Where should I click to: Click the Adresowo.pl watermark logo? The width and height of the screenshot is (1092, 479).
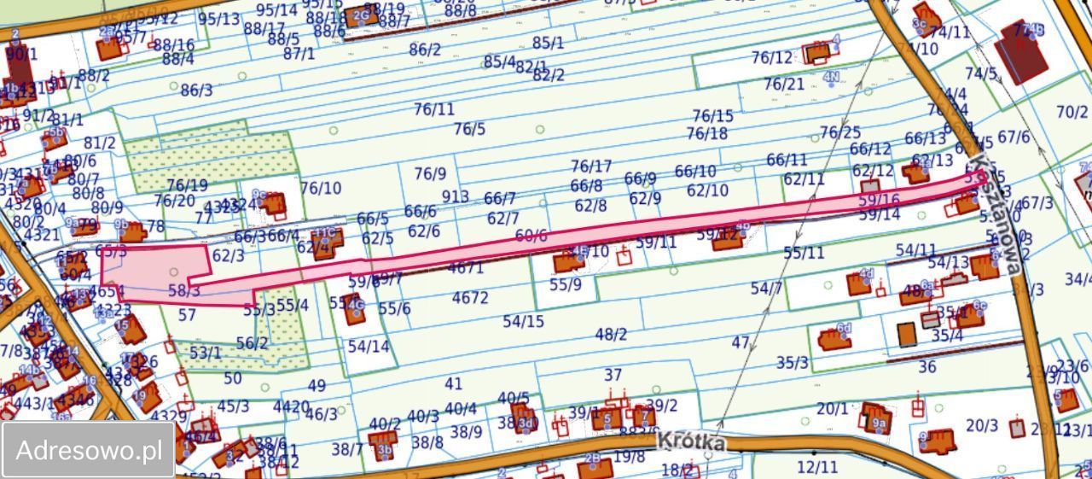pos(89,450)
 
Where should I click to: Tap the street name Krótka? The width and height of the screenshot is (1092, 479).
pos(691,442)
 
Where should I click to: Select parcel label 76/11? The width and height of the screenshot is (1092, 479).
pos(434,109)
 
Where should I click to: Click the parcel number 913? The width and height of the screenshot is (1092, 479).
pos(455,196)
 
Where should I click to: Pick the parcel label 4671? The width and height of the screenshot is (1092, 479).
pos(467,267)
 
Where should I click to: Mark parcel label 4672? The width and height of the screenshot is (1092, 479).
pos(470,298)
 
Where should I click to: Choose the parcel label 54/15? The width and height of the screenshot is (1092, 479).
pos(523,322)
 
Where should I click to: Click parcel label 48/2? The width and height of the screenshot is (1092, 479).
pos(611,335)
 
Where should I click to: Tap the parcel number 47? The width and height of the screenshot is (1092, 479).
pos(741,343)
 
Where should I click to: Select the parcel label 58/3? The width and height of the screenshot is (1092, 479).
pos(183,291)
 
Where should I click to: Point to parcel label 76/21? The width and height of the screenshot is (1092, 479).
pos(783,84)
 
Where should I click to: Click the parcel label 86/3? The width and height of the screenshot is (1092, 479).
pos(195,90)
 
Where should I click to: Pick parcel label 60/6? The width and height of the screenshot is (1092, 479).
pos(531,236)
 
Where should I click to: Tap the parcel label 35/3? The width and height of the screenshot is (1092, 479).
pos(792,362)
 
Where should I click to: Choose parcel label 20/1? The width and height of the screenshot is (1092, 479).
pos(833,409)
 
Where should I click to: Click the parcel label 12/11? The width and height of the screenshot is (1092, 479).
pos(817,466)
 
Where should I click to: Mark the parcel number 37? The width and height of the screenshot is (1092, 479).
pos(613,375)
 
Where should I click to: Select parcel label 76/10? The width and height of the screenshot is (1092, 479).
pos(321,188)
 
